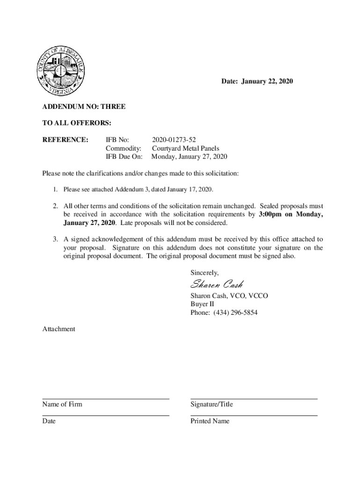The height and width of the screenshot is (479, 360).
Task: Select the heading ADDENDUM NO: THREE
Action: [84, 107]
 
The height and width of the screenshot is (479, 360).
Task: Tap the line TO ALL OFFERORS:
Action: [77, 123]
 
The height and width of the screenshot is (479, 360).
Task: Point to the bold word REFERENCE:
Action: [65, 139]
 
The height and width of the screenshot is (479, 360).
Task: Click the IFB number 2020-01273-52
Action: [174, 139]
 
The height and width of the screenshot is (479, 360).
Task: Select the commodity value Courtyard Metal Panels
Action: [186, 148]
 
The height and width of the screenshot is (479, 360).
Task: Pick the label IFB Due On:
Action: [124, 157]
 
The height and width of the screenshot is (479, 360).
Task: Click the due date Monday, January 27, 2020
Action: [189, 157]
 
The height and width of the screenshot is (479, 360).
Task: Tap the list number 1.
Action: [55, 189]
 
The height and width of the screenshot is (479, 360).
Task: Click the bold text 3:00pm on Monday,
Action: [290, 214]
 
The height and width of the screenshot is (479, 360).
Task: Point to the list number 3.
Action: [55, 239]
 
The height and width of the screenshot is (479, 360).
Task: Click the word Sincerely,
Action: [204, 272]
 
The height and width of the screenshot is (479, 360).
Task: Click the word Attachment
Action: [58, 329]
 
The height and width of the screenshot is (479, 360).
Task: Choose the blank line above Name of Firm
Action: [106, 399]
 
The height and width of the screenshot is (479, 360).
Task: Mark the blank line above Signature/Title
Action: [254, 399]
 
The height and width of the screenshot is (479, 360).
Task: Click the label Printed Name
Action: [210, 421]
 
